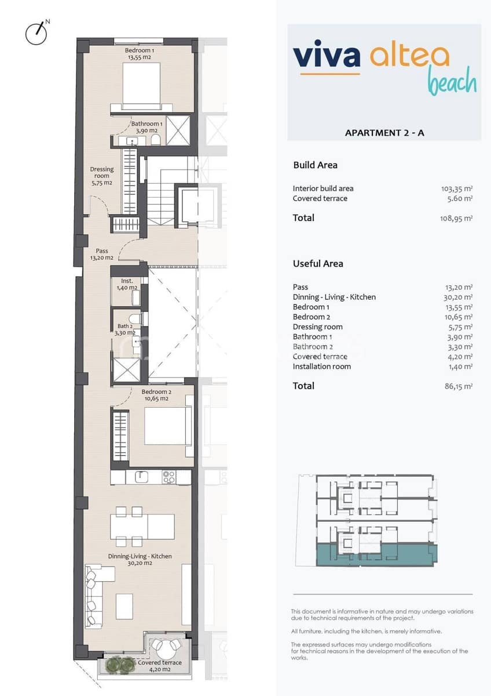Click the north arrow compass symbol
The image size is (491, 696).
(36, 33)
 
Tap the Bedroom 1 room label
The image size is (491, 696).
(140, 54)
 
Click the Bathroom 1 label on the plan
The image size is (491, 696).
(146, 127)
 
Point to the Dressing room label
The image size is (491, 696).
(101, 176)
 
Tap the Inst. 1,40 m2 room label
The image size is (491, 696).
(127, 284)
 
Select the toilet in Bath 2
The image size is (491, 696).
(134, 320)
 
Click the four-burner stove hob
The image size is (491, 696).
(168, 477)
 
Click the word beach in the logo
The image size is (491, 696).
(452, 84)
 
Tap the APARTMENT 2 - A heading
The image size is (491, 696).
(384, 133)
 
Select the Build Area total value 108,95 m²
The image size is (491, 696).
(456, 218)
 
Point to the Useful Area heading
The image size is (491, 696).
(318, 263)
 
